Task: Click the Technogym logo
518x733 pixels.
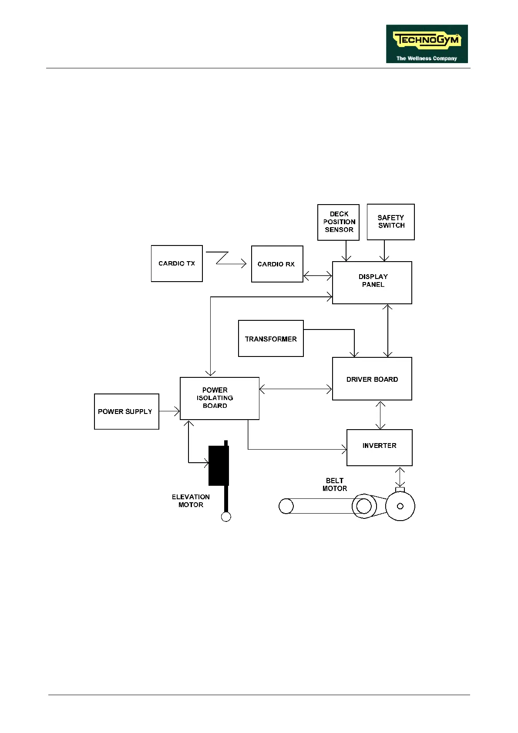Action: coord(427,44)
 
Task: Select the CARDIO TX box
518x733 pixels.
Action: coord(177,263)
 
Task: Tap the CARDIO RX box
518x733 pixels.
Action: coord(277,264)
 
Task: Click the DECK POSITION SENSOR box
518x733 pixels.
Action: coord(338,222)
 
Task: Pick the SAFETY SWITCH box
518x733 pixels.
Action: coord(390,222)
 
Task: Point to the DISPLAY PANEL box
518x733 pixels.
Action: coord(372,282)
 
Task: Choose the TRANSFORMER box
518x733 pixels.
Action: coord(271,339)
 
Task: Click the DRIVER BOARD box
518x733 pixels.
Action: coord(372,379)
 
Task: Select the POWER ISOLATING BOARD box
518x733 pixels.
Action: coord(219,398)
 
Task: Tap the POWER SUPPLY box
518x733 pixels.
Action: coord(126,411)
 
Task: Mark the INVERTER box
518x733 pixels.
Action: coord(379,447)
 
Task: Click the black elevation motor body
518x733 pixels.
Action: coord(219,465)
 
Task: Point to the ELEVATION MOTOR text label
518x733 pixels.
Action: coord(191,501)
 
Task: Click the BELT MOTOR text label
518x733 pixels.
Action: coord(335,484)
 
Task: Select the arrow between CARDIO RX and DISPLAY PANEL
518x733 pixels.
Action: coord(318,276)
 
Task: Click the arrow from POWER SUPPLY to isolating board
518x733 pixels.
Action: coord(169,411)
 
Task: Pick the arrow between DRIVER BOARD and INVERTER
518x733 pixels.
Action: coord(381,415)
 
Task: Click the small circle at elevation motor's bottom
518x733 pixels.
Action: coord(226,517)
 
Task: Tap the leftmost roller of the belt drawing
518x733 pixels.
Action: coord(286,506)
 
